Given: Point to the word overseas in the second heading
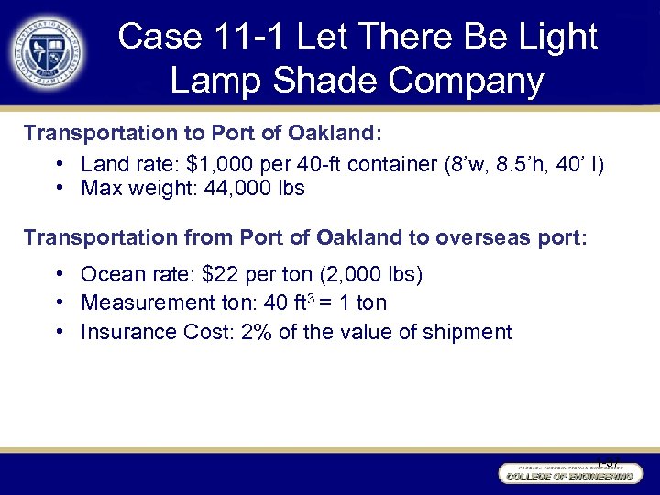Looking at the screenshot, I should tap(473, 237).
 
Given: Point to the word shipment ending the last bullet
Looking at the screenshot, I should tap(467, 332).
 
